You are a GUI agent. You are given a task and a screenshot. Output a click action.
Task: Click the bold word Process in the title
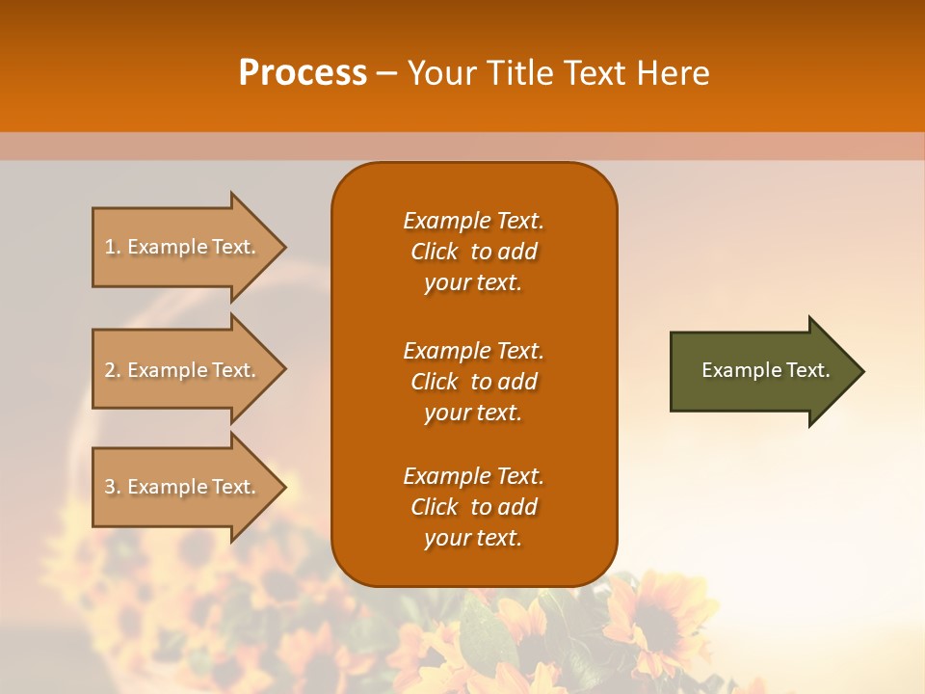click(x=303, y=73)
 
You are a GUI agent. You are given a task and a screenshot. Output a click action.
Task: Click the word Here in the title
click(x=672, y=73)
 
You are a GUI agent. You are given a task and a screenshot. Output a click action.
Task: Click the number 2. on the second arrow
click(x=113, y=370)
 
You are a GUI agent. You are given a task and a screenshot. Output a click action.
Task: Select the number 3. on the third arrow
click(x=113, y=487)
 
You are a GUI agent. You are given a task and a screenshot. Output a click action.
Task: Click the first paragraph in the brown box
click(x=473, y=252)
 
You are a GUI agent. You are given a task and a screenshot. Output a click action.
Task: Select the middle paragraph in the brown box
click(x=473, y=381)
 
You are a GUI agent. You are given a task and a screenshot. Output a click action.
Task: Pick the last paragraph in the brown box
click(x=473, y=507)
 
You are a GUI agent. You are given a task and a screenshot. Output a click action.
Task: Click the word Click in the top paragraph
click(x=435, y=252)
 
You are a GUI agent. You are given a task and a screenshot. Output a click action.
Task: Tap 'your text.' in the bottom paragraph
click(x=473, y=538)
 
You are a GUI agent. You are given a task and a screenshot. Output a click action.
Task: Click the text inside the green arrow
click(x=765, y=370)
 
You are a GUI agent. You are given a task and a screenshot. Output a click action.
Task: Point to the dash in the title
click(x=386, y=73)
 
